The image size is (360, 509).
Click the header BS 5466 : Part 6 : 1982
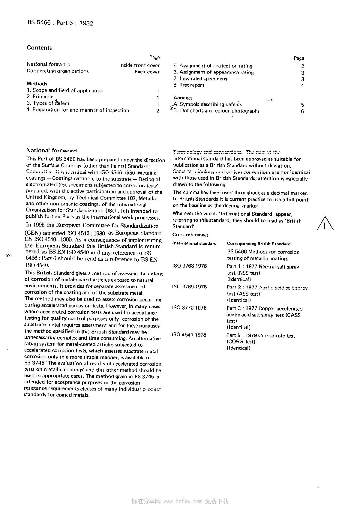tap(60, 23)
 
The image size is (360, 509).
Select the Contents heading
tap(39, 48)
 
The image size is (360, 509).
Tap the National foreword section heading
tap(51, 151)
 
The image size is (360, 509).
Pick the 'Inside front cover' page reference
tap(139, 65)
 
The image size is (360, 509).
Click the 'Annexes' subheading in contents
tap(183, 98)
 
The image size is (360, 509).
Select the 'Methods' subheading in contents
tap(37, 84)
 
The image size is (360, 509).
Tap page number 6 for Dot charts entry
tap(302, 111)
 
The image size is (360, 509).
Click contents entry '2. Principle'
tap(40, 97)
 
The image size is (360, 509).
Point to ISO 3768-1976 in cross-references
tap(190, 266)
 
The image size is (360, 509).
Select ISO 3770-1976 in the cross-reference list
tap(189, 308)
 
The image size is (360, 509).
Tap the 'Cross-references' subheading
tap(190, 235)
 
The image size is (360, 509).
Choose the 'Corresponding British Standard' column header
tap(259, 244)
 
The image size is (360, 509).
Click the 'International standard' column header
tap(194, 243)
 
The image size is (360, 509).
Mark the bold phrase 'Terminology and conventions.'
tap(208, 152)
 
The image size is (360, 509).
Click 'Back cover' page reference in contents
tap(147, 72)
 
